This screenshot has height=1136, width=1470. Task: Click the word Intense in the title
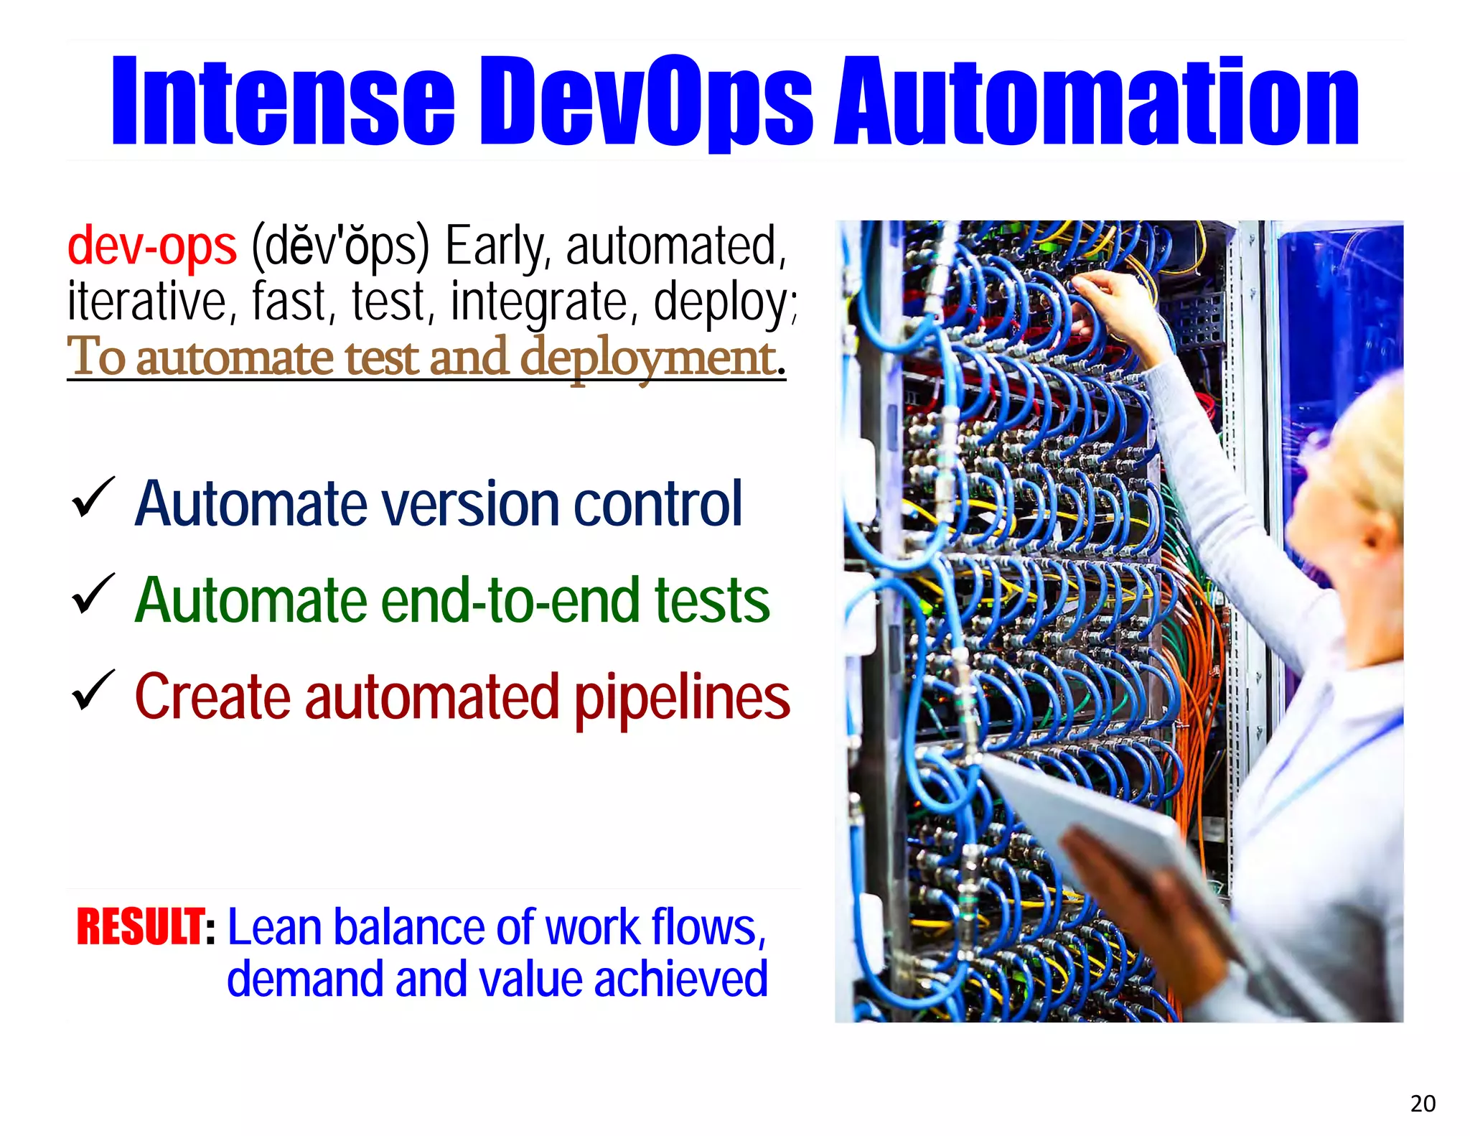click(283, 101)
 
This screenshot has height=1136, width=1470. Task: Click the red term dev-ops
click(151, 246)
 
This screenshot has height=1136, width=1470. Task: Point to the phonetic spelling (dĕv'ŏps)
click(340, 246)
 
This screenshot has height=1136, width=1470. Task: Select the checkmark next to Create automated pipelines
click(93, 690)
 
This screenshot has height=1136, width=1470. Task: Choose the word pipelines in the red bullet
click(681, 698)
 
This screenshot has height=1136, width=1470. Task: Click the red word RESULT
click(141, 927)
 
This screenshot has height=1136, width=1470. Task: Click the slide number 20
click(1423, 1103)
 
